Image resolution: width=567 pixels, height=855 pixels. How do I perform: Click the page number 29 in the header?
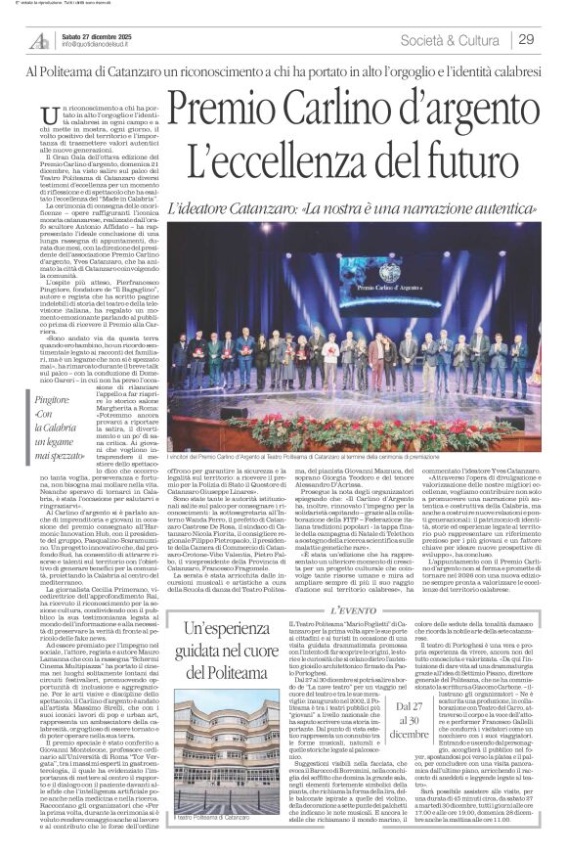coord(527,39)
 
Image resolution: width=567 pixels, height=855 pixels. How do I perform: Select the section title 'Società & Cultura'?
coord(455,39)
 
